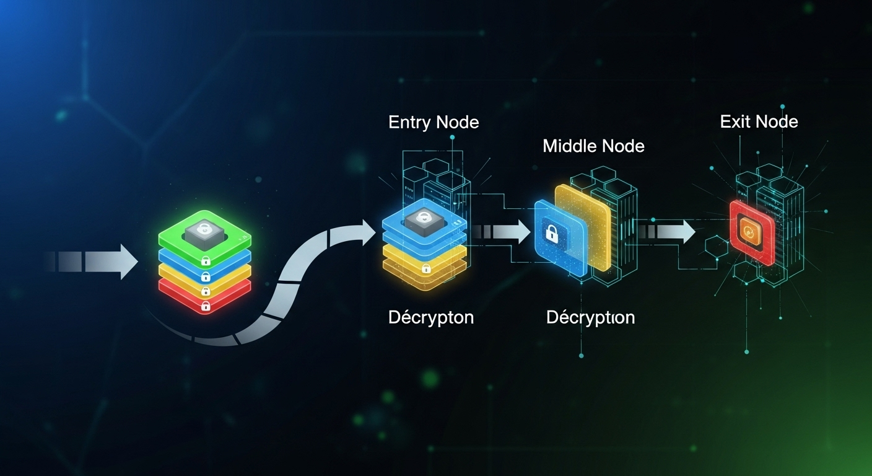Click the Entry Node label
(x=434, y=122)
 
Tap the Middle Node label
(x=593, y=146)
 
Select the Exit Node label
(x=759, y=121)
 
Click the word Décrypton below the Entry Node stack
(x=431, y=317)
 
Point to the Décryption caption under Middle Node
(x=590, y=317)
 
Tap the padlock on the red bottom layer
(x=206, y=306)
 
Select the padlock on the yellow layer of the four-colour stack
(x=206, y=291)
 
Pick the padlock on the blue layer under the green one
(x=206, y=276)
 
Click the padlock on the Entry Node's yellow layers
(x=426, y=268)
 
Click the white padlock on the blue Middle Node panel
(x=551, y=234)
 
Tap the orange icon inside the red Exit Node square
(x=749, y=232)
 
